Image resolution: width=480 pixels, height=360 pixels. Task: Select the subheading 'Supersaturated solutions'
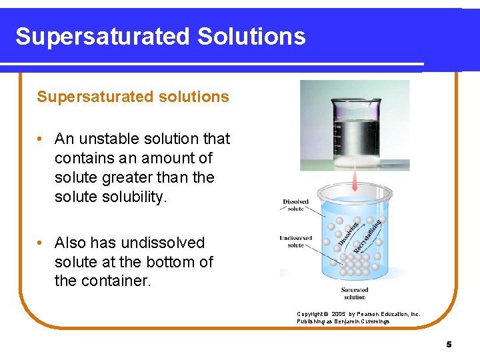[x=133, y=97]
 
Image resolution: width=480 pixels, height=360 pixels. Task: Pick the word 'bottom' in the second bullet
[x=171, y=262]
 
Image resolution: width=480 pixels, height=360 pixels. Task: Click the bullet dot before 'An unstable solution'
[x=41, y=139]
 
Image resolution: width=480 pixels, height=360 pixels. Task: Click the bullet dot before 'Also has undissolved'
[x=41, y=243]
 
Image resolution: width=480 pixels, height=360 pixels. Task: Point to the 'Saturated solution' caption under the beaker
[x=354, y=293]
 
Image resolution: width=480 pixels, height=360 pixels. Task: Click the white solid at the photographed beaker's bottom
[x=355, y=161]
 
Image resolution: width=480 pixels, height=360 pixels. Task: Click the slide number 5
[x=449, y=344]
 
